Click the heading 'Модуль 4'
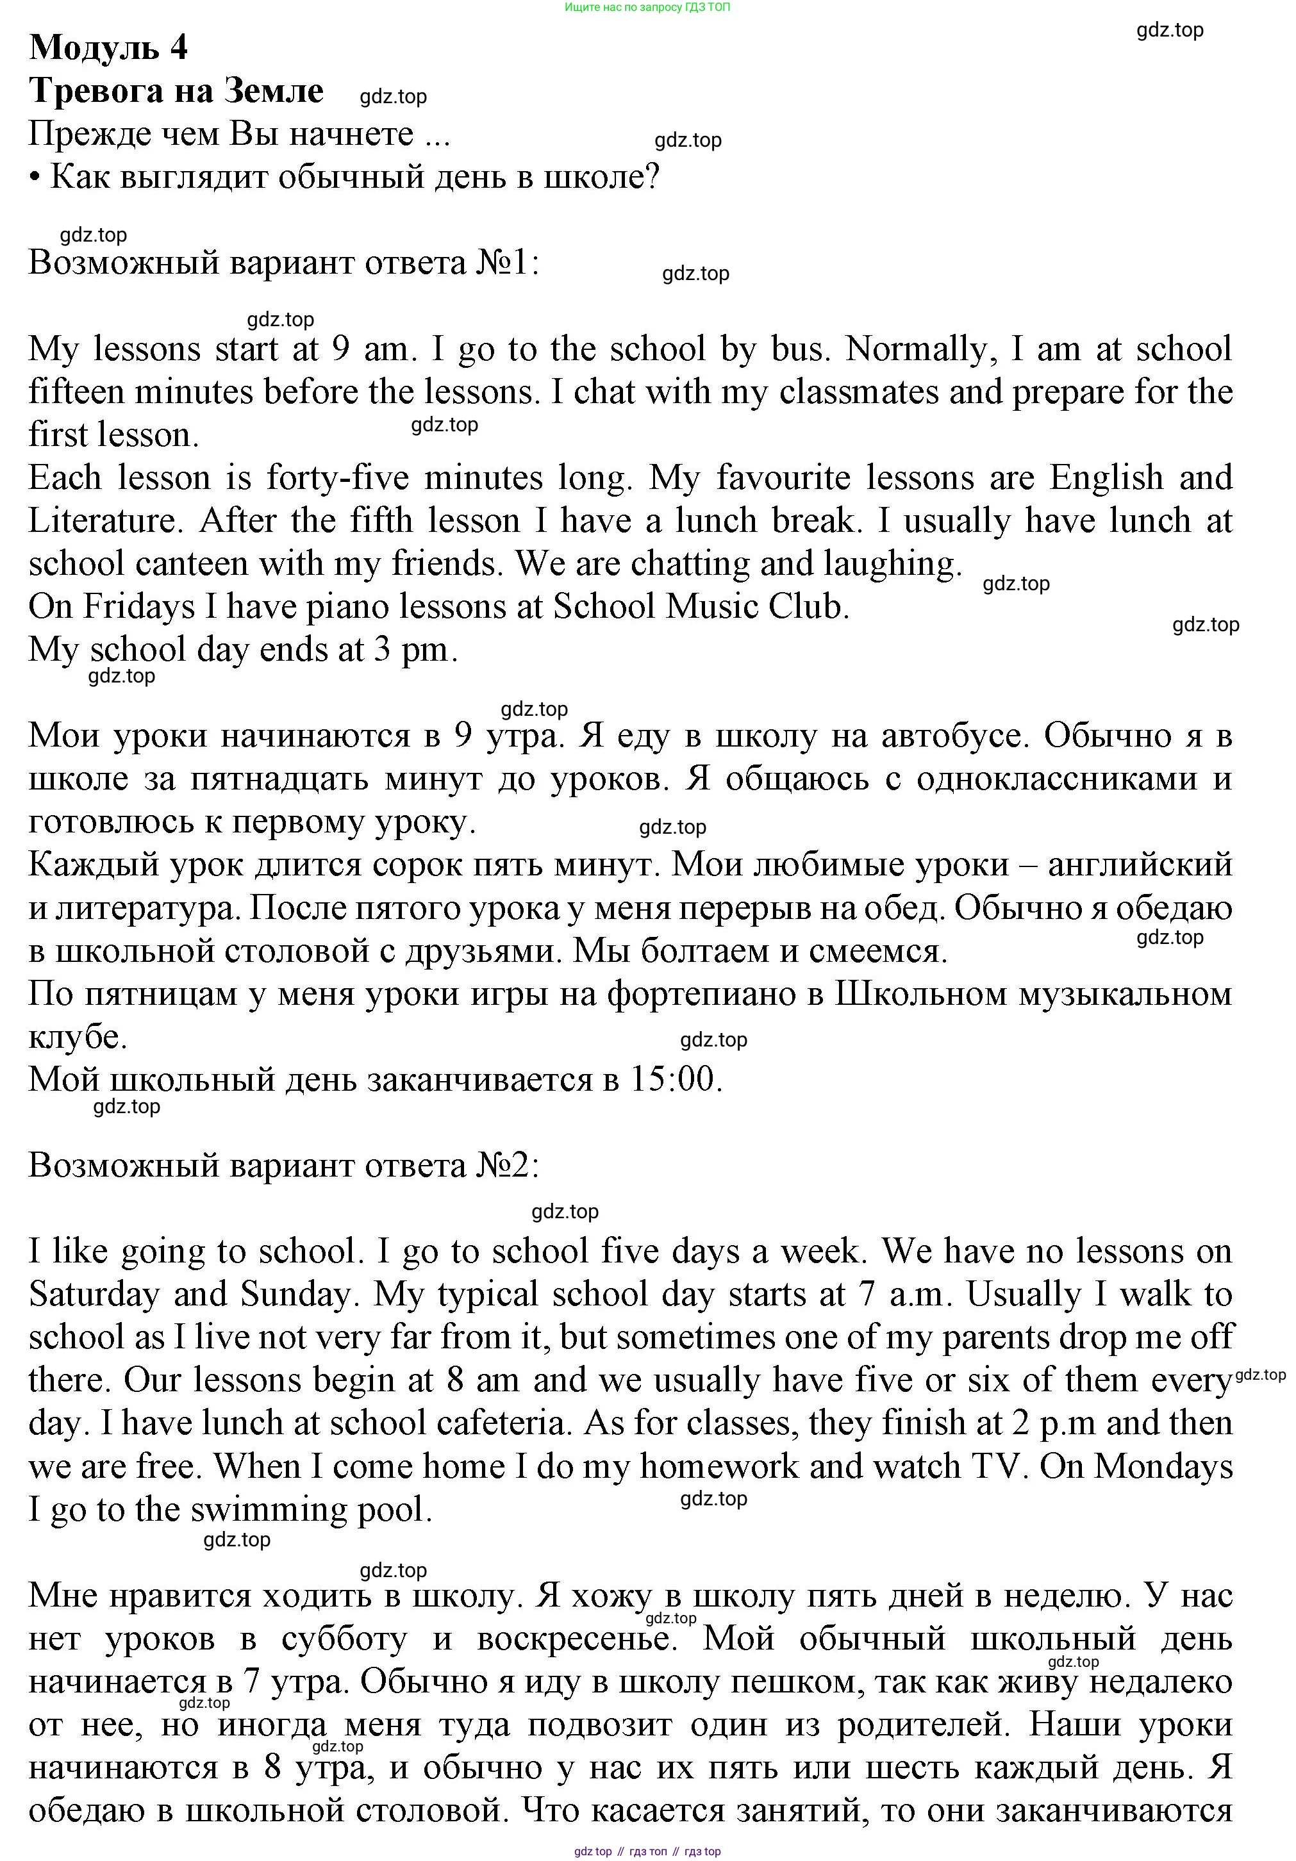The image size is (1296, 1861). (x=108, y=48)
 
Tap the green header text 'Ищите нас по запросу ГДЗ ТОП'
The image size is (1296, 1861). (x=647, y=7)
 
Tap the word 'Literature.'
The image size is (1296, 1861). (x=102, y=520)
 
